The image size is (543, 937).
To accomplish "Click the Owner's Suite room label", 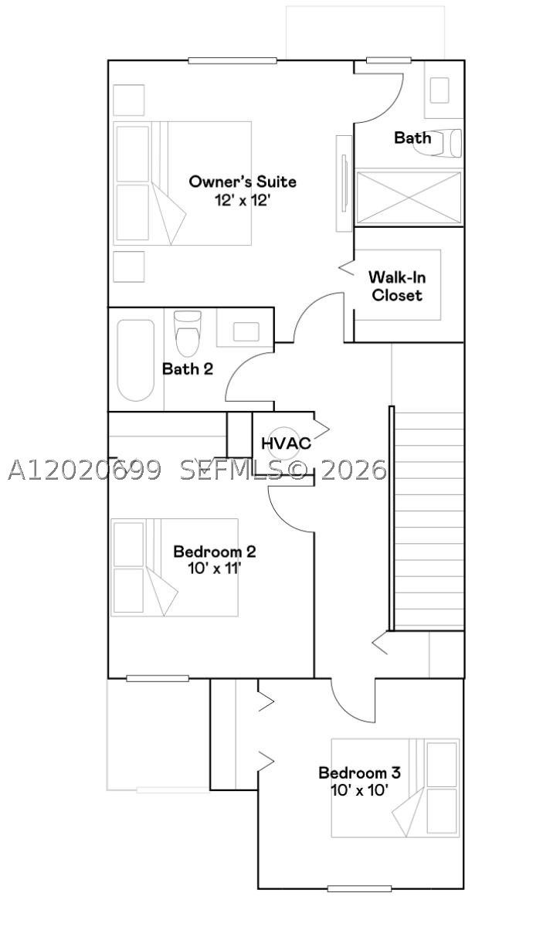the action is click(x=243, y=182).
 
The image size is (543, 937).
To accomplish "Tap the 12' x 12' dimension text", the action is click(x=242, y=200).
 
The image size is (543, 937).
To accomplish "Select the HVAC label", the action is click(x=287, y=443).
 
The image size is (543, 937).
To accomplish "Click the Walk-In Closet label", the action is click(x=398, y=286).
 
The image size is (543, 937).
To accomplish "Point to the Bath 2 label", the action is click(x=188, y=369).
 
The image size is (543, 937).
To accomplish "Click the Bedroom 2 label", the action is click(x=215, y=552).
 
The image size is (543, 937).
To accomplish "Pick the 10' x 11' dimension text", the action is click(x=215, y=569).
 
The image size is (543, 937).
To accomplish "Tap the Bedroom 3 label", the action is click(x=360, y=772).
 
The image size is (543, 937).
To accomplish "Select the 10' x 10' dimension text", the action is click(x=360, y=790).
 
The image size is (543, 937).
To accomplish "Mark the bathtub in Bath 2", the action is click(x=136, y=361).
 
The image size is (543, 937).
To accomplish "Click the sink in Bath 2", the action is click(x=246, y=331).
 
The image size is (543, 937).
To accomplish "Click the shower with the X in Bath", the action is click(x=409, y=198).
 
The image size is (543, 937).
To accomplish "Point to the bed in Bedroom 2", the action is click(x=175, y=568).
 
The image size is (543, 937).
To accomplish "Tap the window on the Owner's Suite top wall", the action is click(x=232, y=61).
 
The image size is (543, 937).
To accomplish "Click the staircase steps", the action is click(x=429, y=521).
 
